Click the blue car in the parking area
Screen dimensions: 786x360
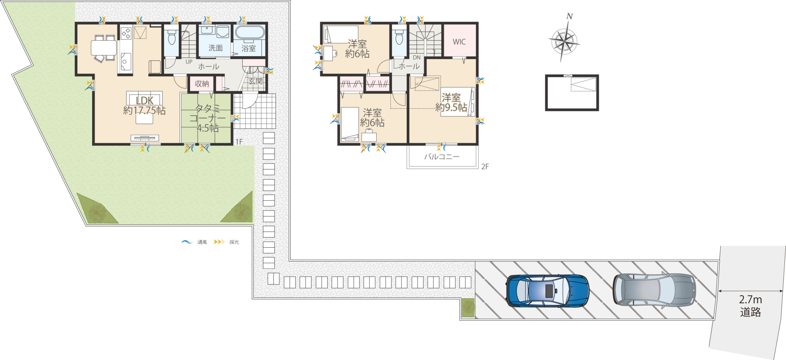click(547, 290)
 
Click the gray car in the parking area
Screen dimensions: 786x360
click(654, 290)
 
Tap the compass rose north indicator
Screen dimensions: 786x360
click(570, 16)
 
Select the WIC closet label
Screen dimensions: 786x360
click(459, 42)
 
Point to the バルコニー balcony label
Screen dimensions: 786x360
click(442, 157)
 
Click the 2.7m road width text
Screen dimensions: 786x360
click(750, 299)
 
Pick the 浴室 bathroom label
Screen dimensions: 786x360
click(248, 48)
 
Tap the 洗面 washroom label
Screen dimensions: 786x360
click(216, 48)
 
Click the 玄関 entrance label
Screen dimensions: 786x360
click(255, 81)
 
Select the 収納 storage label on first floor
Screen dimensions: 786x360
click(202, 83)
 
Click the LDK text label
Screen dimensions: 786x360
click(145, 100)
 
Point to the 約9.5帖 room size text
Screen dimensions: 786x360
click(451, 107)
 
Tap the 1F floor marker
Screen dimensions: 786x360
click(239, 141)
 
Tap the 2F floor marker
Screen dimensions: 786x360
click(485, 166)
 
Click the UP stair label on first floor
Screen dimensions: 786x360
click(189, 62)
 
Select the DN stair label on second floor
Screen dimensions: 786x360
click(417, 57)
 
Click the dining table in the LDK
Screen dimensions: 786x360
click(104, 48)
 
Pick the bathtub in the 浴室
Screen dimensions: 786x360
click(250, 32)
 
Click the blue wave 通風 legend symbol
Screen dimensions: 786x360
click(187, 242)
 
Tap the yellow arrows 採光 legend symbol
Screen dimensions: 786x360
click(219, 242)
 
